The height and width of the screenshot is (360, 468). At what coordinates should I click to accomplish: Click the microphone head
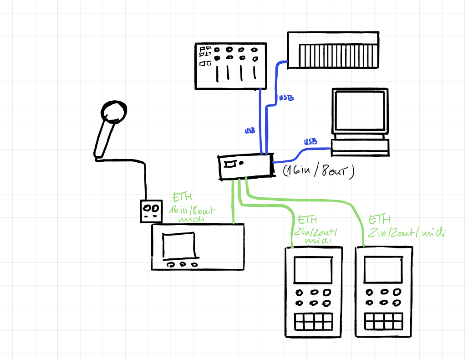pos(113,112)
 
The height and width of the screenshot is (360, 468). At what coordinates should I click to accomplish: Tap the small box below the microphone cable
pos(151,211)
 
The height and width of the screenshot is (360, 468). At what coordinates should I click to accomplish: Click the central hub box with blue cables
pos(245,166)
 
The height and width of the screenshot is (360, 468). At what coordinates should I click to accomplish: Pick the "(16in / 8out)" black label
pos(318,172)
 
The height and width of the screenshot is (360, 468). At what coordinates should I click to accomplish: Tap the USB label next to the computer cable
pos(310,142)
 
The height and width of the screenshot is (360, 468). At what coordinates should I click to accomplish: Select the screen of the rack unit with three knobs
pos(179,247)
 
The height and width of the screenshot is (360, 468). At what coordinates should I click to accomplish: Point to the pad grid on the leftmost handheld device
pos(313,321)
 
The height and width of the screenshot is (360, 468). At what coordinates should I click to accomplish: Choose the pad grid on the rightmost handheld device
pos(384,321)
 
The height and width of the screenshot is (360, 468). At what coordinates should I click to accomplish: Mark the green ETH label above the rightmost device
pos(405,226)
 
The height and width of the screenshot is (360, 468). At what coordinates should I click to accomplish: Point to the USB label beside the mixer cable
pos(250,131)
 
